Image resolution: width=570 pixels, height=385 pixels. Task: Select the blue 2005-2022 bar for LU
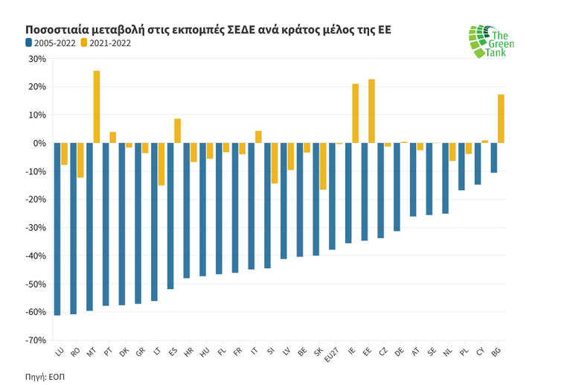point(57,229)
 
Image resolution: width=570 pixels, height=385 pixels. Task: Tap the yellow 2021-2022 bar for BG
point(501,118)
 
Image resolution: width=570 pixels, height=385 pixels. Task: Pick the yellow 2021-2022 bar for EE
point(371,111)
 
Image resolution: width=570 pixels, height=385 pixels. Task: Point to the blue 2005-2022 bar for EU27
point(332,196)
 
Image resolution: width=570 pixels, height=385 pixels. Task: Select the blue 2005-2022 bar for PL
point(461,166)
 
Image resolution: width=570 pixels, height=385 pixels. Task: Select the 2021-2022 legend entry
point(106,43)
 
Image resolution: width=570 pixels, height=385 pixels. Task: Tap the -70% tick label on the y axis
point(35,340)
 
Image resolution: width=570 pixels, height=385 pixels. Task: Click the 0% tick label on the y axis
point(39,143)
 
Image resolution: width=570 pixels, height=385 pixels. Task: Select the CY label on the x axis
point(480,351)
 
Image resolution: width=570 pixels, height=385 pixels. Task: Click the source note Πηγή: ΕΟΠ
point(45,377)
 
